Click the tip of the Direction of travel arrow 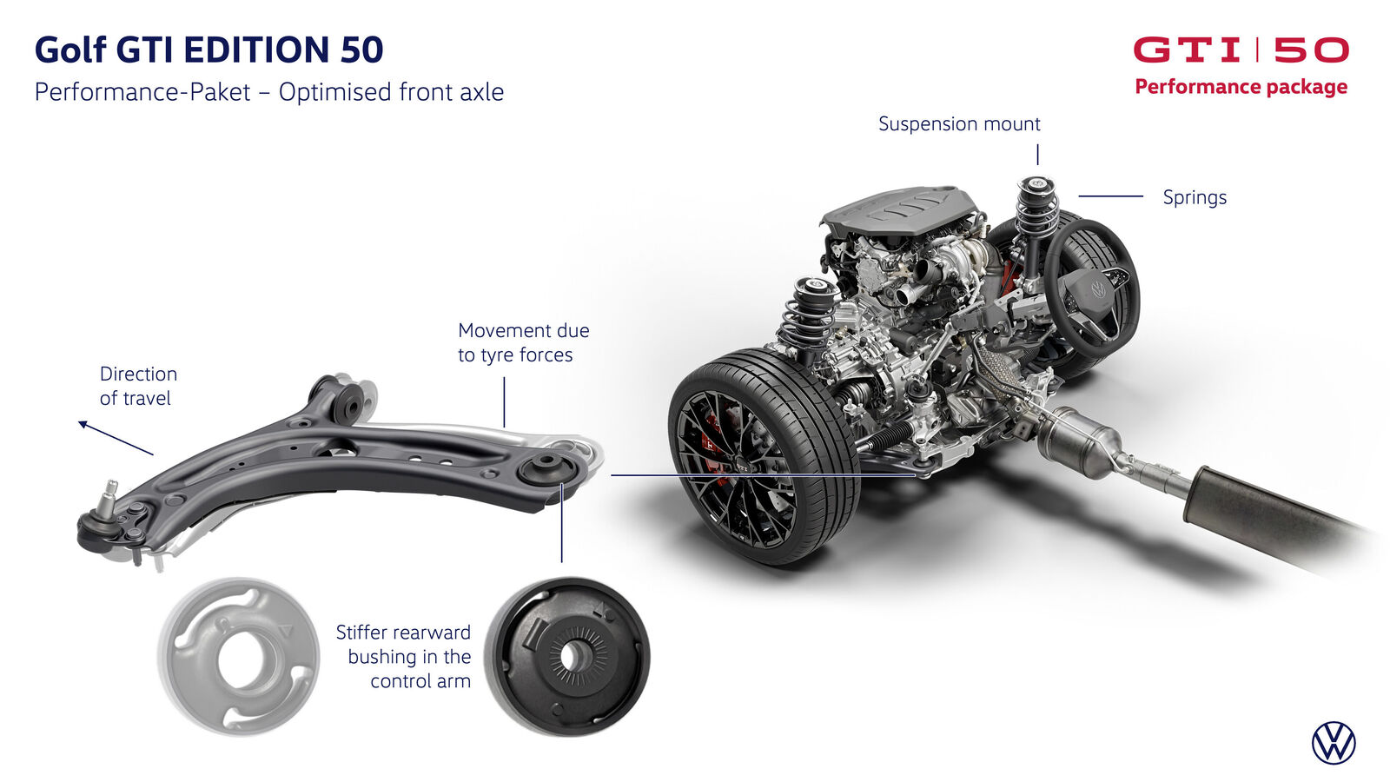click(x=79, y=422)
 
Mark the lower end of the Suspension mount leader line click(x=1037, y=164)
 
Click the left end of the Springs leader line click(x=1079, y=196)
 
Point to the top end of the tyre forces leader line click(x=505, y=378)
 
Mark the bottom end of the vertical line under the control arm click(x=561, y=562)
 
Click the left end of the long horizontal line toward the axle click(x=612, y=475)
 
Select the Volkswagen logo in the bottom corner click(x=1334, y=743)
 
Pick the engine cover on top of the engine click(x=900, y=209)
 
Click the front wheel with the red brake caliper click(x=764, y=456)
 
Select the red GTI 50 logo click(x=1241, y=50)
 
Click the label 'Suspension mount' click(x=959, y=124)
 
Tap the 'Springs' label click(x=1195, y=197)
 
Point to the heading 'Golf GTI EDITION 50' click(x=208, y=49)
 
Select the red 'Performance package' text click(x=1241, y=86)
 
